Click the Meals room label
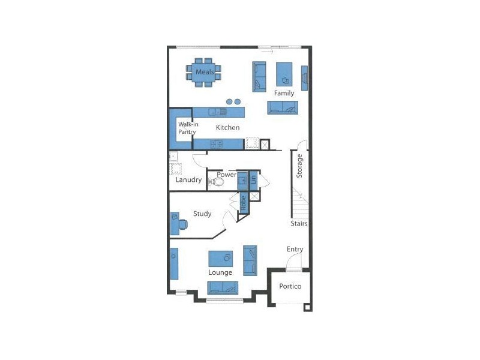coord(205,73)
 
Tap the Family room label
coord(284,93)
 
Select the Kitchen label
coord(227,127)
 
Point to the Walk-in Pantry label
coord(187,128)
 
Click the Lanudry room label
coord(188,179)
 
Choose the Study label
coord(202,213)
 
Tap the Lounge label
coord(220,272)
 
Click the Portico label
coord(290,286)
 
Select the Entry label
coord(295,249)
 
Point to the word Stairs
coord(299,223)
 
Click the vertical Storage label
coord(299,166)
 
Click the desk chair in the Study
coord(182,224)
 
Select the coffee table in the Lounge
coord(220,259)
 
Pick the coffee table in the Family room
coord(284,74)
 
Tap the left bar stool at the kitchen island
coord(229,102)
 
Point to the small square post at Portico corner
coord(307,307)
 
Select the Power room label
coord(226,175)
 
